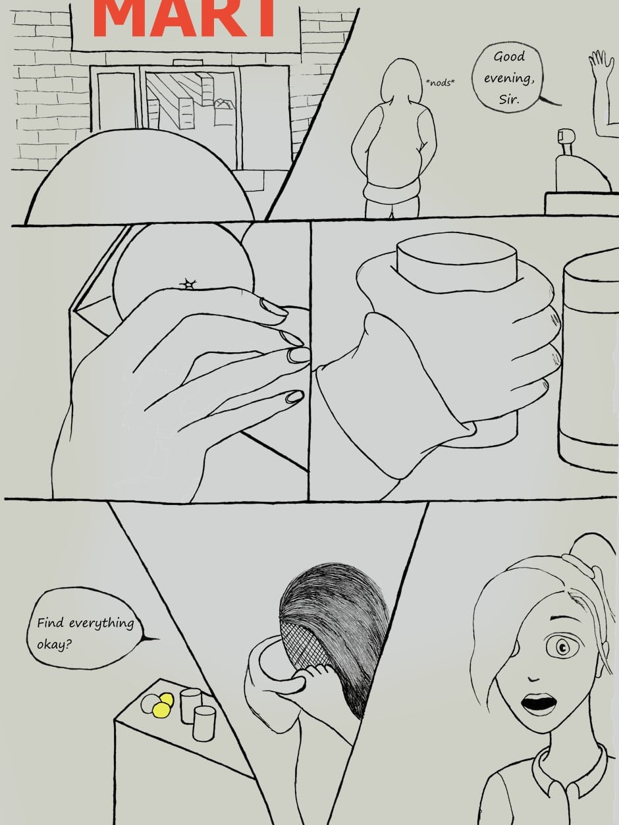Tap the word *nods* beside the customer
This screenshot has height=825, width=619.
tap(440, 83)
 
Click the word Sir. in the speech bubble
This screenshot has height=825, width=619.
tap(509, 99)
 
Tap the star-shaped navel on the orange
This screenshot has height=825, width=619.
tap(188, 284)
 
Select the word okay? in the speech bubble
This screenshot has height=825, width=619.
tap(55, 645)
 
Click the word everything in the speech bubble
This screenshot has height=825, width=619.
tap(101, 624)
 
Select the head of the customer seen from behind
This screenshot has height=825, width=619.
tap(401, 79)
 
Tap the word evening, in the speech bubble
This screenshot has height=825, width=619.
tap(509, 78)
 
